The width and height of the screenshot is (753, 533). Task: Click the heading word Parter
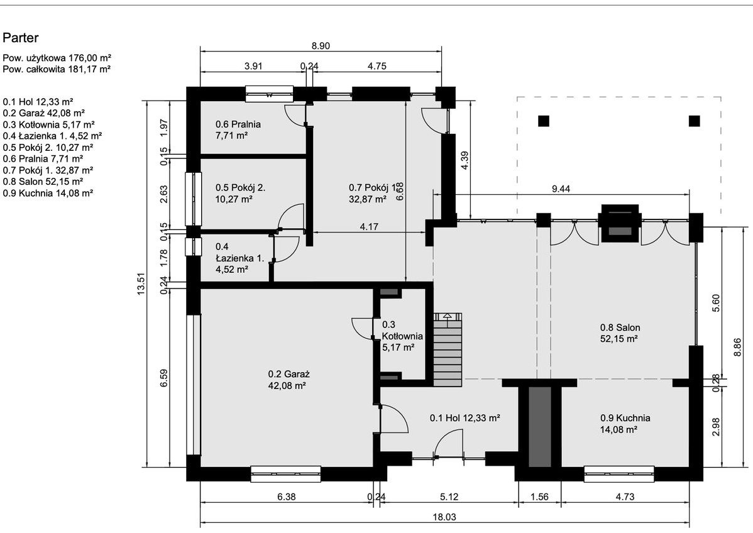tap(21, 38)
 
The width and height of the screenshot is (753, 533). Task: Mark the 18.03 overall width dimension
tap(444, 517)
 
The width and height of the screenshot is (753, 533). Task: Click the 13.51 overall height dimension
tap(141, 284)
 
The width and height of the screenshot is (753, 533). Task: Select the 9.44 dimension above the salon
tap(561, 189)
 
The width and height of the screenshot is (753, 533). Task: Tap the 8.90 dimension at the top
tap(321, 46)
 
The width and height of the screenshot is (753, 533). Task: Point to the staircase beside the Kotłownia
tap(448, 349)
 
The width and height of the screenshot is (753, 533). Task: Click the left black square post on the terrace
tap(543, 121)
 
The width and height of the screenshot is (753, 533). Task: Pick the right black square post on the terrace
tap(694, 121)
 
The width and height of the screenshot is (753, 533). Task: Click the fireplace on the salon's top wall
tap(620, 223)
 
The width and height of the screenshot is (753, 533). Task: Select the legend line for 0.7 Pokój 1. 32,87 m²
tap(48, 170)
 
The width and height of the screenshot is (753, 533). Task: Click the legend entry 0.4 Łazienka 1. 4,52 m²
tap(52, 136)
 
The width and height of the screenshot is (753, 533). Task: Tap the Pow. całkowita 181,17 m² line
tap(57, 69)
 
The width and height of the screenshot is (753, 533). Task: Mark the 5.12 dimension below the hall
tap(449, 497)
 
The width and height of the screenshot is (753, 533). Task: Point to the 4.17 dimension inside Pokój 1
tap(369, 227)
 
